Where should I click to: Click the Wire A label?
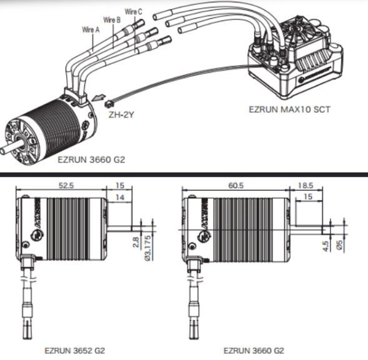[x=91, y=29]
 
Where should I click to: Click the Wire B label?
[x=112, y=20]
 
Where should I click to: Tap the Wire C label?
[x=134, y=11]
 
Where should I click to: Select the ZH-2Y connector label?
[x=121, y=115]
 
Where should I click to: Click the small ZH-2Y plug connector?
[x=109, y=104]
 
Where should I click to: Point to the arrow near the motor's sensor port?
[x=98, y=97]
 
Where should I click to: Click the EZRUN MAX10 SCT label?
[x=289, y=109]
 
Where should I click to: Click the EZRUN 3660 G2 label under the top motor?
[x=91, y=159]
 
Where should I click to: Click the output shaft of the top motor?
[x=7, y=147]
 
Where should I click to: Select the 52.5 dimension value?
[x=66, y=185]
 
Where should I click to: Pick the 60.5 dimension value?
[x=236, y=185]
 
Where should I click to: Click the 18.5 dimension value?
[x=306, y=185]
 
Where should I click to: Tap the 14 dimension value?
[x=120, y=197]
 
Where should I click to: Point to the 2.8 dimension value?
[x=136, y=242]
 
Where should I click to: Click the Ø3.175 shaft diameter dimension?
[x=148, y=247]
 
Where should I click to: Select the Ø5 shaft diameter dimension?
[x=339, y=244]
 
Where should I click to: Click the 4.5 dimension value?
[x=326, y=246]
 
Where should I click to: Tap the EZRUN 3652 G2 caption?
[x=74, y=351]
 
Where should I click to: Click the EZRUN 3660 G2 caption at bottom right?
[x=254, y=351]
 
